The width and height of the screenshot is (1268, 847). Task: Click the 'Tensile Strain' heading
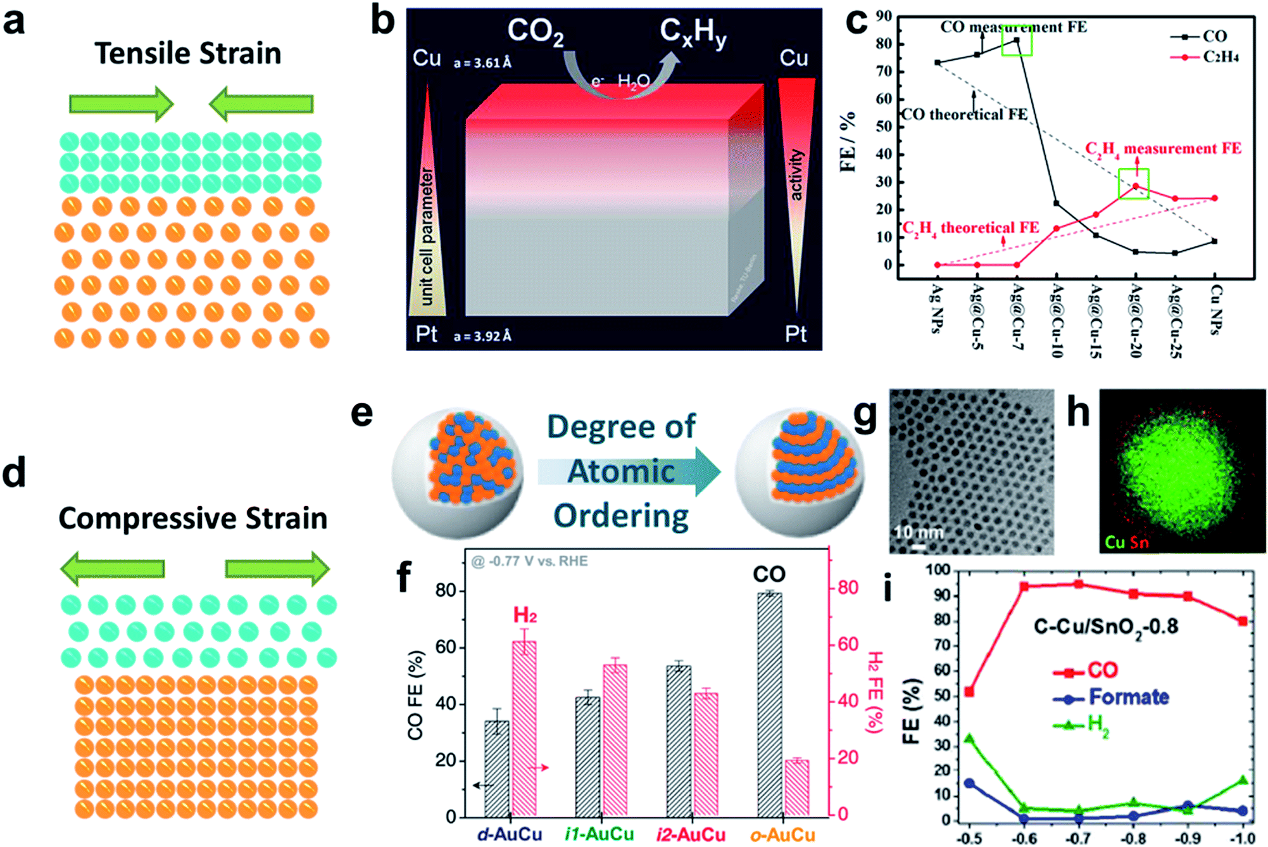[188, 53]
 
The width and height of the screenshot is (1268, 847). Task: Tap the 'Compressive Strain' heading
[193, 518]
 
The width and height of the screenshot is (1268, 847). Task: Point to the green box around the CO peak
[1017, 41]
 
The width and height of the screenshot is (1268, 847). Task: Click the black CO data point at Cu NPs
[1214, 241]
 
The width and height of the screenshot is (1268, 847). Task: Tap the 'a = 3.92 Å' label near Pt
[482, 336]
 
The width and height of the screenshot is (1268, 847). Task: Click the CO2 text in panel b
[536, 32]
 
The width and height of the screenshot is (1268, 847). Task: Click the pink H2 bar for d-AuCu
[524, 729]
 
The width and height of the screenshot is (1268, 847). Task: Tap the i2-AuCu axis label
[691, 834]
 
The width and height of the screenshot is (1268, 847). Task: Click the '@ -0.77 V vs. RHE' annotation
[530, 561]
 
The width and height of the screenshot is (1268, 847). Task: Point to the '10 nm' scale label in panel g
[918, 532]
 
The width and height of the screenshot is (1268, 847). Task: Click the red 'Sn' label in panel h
[1139, 542]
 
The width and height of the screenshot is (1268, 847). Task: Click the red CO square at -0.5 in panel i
[969, 691]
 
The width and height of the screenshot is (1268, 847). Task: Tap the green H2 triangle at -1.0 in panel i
[1243, 780]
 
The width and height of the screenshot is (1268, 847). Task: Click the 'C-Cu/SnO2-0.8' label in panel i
[1106, 627]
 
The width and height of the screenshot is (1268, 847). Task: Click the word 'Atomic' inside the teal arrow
[621, 471]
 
